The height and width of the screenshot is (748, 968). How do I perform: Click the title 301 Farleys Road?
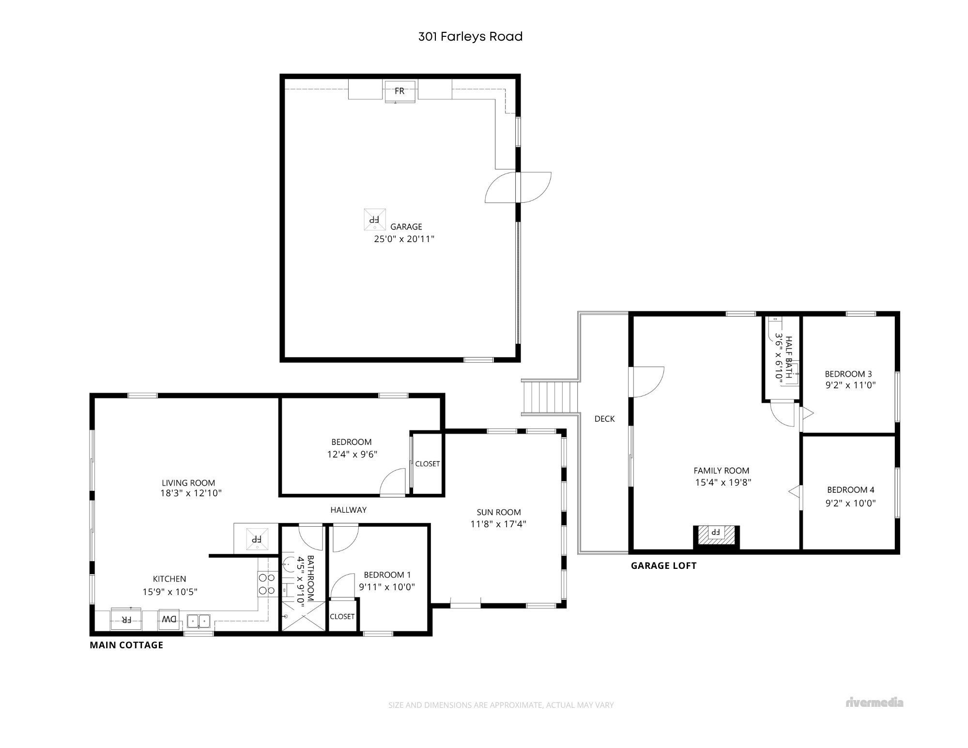pos(470,37)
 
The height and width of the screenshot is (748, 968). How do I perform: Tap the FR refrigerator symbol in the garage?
pos(399,92)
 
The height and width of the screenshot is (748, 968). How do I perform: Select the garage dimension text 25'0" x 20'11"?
pos(404,239)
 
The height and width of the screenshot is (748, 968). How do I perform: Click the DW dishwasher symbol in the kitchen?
pos(169,619)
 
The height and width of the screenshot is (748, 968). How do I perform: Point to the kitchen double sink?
pos(199,620)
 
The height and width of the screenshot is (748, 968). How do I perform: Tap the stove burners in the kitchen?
pos(267,583)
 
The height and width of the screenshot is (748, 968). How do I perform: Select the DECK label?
pos(604,419)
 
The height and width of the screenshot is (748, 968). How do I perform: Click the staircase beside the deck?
pos(551,397)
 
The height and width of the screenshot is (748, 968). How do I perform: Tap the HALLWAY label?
pos(349,510)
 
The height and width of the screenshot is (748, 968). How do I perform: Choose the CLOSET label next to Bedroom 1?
pos(342,616)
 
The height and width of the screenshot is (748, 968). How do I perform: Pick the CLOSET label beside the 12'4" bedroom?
pos(428,464)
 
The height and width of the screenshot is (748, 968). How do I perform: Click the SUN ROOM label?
pos(499,512)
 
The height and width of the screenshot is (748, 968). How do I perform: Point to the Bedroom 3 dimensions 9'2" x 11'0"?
pos(850,386)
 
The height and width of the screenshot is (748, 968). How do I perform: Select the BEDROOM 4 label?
pos(851,490)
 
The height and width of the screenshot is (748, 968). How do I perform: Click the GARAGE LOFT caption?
pos(663,565)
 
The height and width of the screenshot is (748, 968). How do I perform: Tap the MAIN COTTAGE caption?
pos(126,645)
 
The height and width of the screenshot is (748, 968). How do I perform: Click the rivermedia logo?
pos(875,702)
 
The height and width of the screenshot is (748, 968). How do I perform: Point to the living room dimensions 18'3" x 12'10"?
pos(191,493)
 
